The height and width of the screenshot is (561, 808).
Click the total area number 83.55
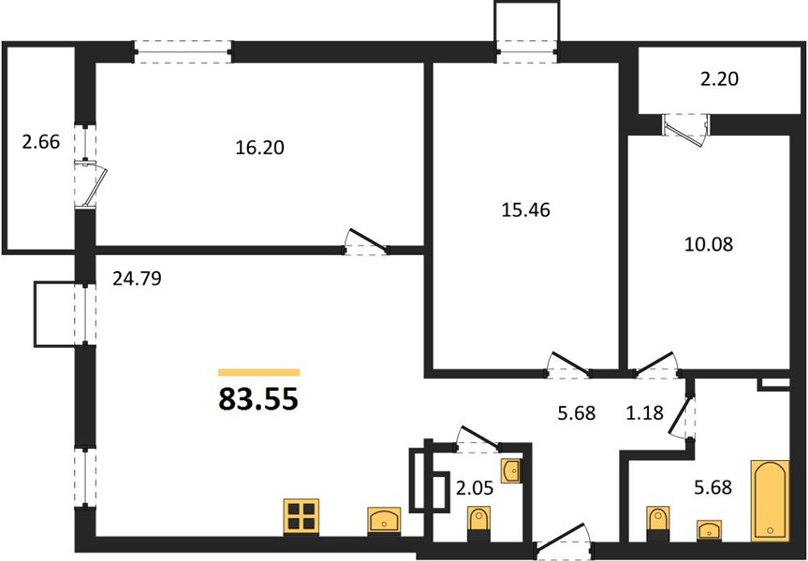(258, 399)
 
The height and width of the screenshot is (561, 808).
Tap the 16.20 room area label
(259, 149)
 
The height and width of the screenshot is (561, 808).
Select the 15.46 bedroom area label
(525, 210)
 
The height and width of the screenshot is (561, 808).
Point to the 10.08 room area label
(709, 244)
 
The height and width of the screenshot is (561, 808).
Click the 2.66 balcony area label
(41, 141)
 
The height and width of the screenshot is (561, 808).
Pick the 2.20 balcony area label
(719, 79)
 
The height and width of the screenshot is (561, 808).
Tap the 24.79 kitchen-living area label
(137, 279)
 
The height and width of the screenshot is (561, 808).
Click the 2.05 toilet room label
(475, 488)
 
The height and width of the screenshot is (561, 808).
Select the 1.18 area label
(645, 412)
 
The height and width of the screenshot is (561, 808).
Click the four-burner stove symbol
(301, 517)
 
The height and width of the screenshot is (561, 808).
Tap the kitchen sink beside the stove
(384, 521)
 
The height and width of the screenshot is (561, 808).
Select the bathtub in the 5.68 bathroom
(770, 500)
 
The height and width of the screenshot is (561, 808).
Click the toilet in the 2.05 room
(478, 523)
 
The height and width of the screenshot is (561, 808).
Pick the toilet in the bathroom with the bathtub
(658, 523)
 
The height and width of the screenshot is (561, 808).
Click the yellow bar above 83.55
(258, 373)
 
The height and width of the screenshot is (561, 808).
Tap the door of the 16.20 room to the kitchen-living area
(368, 240)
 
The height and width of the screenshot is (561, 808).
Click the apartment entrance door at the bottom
(562, 539)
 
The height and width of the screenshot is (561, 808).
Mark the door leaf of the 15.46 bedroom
(569, 363)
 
